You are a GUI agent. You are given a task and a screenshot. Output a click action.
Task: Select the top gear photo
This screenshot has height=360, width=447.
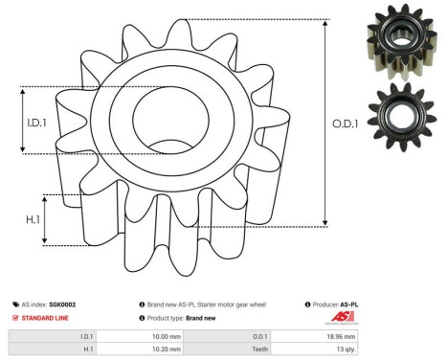[x=393, y=45]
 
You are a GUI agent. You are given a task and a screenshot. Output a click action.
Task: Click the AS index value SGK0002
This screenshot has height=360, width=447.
[x=62, y=304]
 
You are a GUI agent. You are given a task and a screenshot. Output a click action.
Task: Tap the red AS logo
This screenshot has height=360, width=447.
[x=344, y=318]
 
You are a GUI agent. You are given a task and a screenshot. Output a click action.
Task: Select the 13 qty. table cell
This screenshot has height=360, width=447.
[x=344, y=351]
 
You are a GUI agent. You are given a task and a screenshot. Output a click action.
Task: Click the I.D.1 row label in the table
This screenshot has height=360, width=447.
[x=87, y=336]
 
